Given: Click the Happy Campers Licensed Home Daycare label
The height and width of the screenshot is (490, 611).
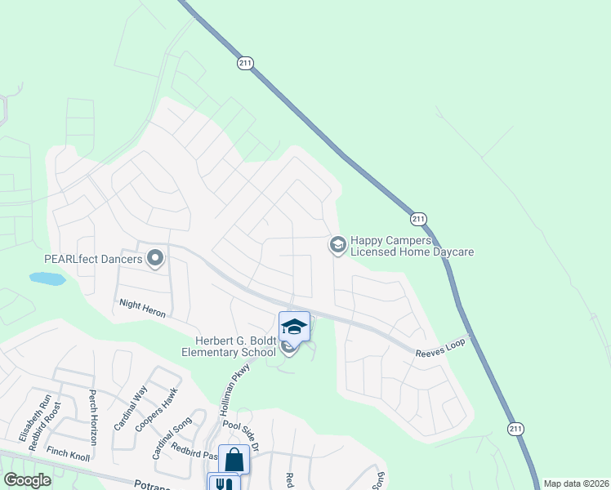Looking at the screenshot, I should pyautogui.click(x=412, y=247).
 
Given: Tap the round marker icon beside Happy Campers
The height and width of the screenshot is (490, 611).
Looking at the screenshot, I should pyautogui.click(x=337, y=244).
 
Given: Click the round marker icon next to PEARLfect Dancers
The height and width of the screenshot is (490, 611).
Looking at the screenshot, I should pyautogui.click(x=155, y=260).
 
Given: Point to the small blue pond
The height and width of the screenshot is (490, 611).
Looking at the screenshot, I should pyautogui.click(x=47, y=278).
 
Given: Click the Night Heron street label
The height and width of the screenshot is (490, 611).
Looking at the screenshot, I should pyautogui.click(x=142, y=302).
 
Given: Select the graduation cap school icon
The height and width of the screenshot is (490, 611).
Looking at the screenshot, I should pyautogui.click(x=294, y=327).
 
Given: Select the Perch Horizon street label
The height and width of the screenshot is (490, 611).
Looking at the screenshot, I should pyautogui.click(x=93, y=416).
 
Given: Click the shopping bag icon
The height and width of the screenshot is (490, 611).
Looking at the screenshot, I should pyautogui.click(x=234, y=460).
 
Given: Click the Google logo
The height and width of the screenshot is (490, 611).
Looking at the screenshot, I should pyautogui.click(x=27, y=480).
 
